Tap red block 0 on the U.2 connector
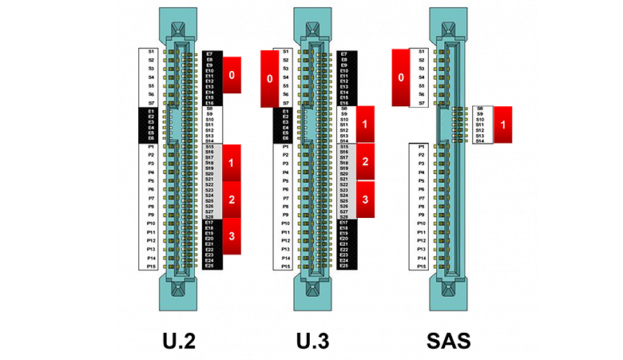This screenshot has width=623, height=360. click(x=232, y=75)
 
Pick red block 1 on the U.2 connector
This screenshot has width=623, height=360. click(x=232, y=163)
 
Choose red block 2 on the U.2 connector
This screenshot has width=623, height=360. click(x=232, y=200)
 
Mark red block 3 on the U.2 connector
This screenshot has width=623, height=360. click(x=232, y=236)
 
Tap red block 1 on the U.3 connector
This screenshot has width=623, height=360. click(x=364, y=125)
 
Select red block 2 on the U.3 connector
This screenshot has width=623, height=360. click(x=364, y=162)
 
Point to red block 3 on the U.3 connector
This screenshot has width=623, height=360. click(x=364, y=199)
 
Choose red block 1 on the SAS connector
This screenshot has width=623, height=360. click(x=502, y=125)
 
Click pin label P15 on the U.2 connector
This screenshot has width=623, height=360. click(x=151, y=267)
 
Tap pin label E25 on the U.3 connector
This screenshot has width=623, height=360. click(x=343, y=266)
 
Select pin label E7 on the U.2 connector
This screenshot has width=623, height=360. click(x=208, y=53)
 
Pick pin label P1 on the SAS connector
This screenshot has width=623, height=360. click(x=421, y=147)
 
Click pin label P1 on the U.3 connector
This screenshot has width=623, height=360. click(x=286, y=147)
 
